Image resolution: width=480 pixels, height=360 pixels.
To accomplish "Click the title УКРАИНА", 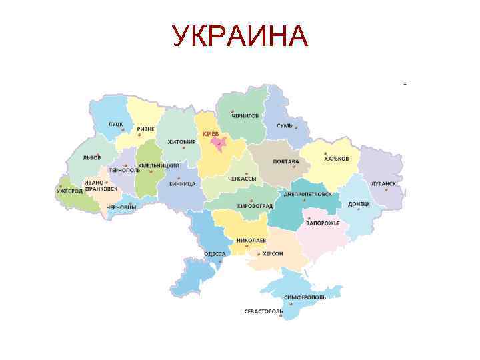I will pos(240,37).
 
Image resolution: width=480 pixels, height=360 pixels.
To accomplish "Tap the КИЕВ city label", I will pos(211,134).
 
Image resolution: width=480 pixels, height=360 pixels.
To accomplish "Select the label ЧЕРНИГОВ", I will pos(245,116).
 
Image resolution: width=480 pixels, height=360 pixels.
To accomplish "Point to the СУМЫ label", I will pos(285,126).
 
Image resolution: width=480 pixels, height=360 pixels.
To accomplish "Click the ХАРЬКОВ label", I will pos(337,159).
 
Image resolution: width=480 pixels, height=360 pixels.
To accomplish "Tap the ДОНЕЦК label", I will pos(359,203).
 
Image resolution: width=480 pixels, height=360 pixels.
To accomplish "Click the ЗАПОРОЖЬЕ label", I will pos(323,223).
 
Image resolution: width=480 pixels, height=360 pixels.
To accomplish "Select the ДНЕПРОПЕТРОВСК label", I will pos(307,193).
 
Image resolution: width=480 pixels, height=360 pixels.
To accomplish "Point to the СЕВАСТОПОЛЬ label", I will pos(263,311).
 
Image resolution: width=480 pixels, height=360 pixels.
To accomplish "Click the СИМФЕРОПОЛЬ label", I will pos(305,297).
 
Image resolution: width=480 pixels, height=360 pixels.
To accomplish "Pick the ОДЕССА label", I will pos(215,254).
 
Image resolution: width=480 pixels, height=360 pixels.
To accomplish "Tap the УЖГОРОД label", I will pos(69,191).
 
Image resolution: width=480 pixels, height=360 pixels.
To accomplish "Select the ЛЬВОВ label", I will pos(91,159).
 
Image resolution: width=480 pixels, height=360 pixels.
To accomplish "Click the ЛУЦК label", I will pos(115,125).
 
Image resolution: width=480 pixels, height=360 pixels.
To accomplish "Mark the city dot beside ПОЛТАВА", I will pos(293,167).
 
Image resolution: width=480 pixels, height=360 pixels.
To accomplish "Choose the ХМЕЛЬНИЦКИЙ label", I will pos(158,165).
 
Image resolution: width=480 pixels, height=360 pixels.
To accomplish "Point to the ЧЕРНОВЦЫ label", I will pos(121,207).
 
